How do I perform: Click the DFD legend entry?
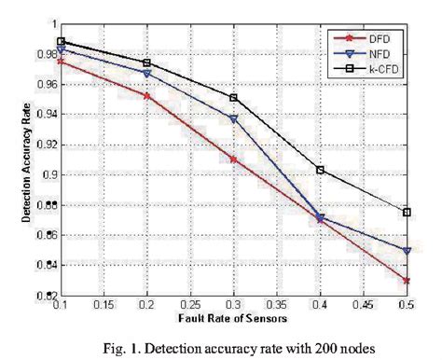pyautogui.click(x=373, y=37)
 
